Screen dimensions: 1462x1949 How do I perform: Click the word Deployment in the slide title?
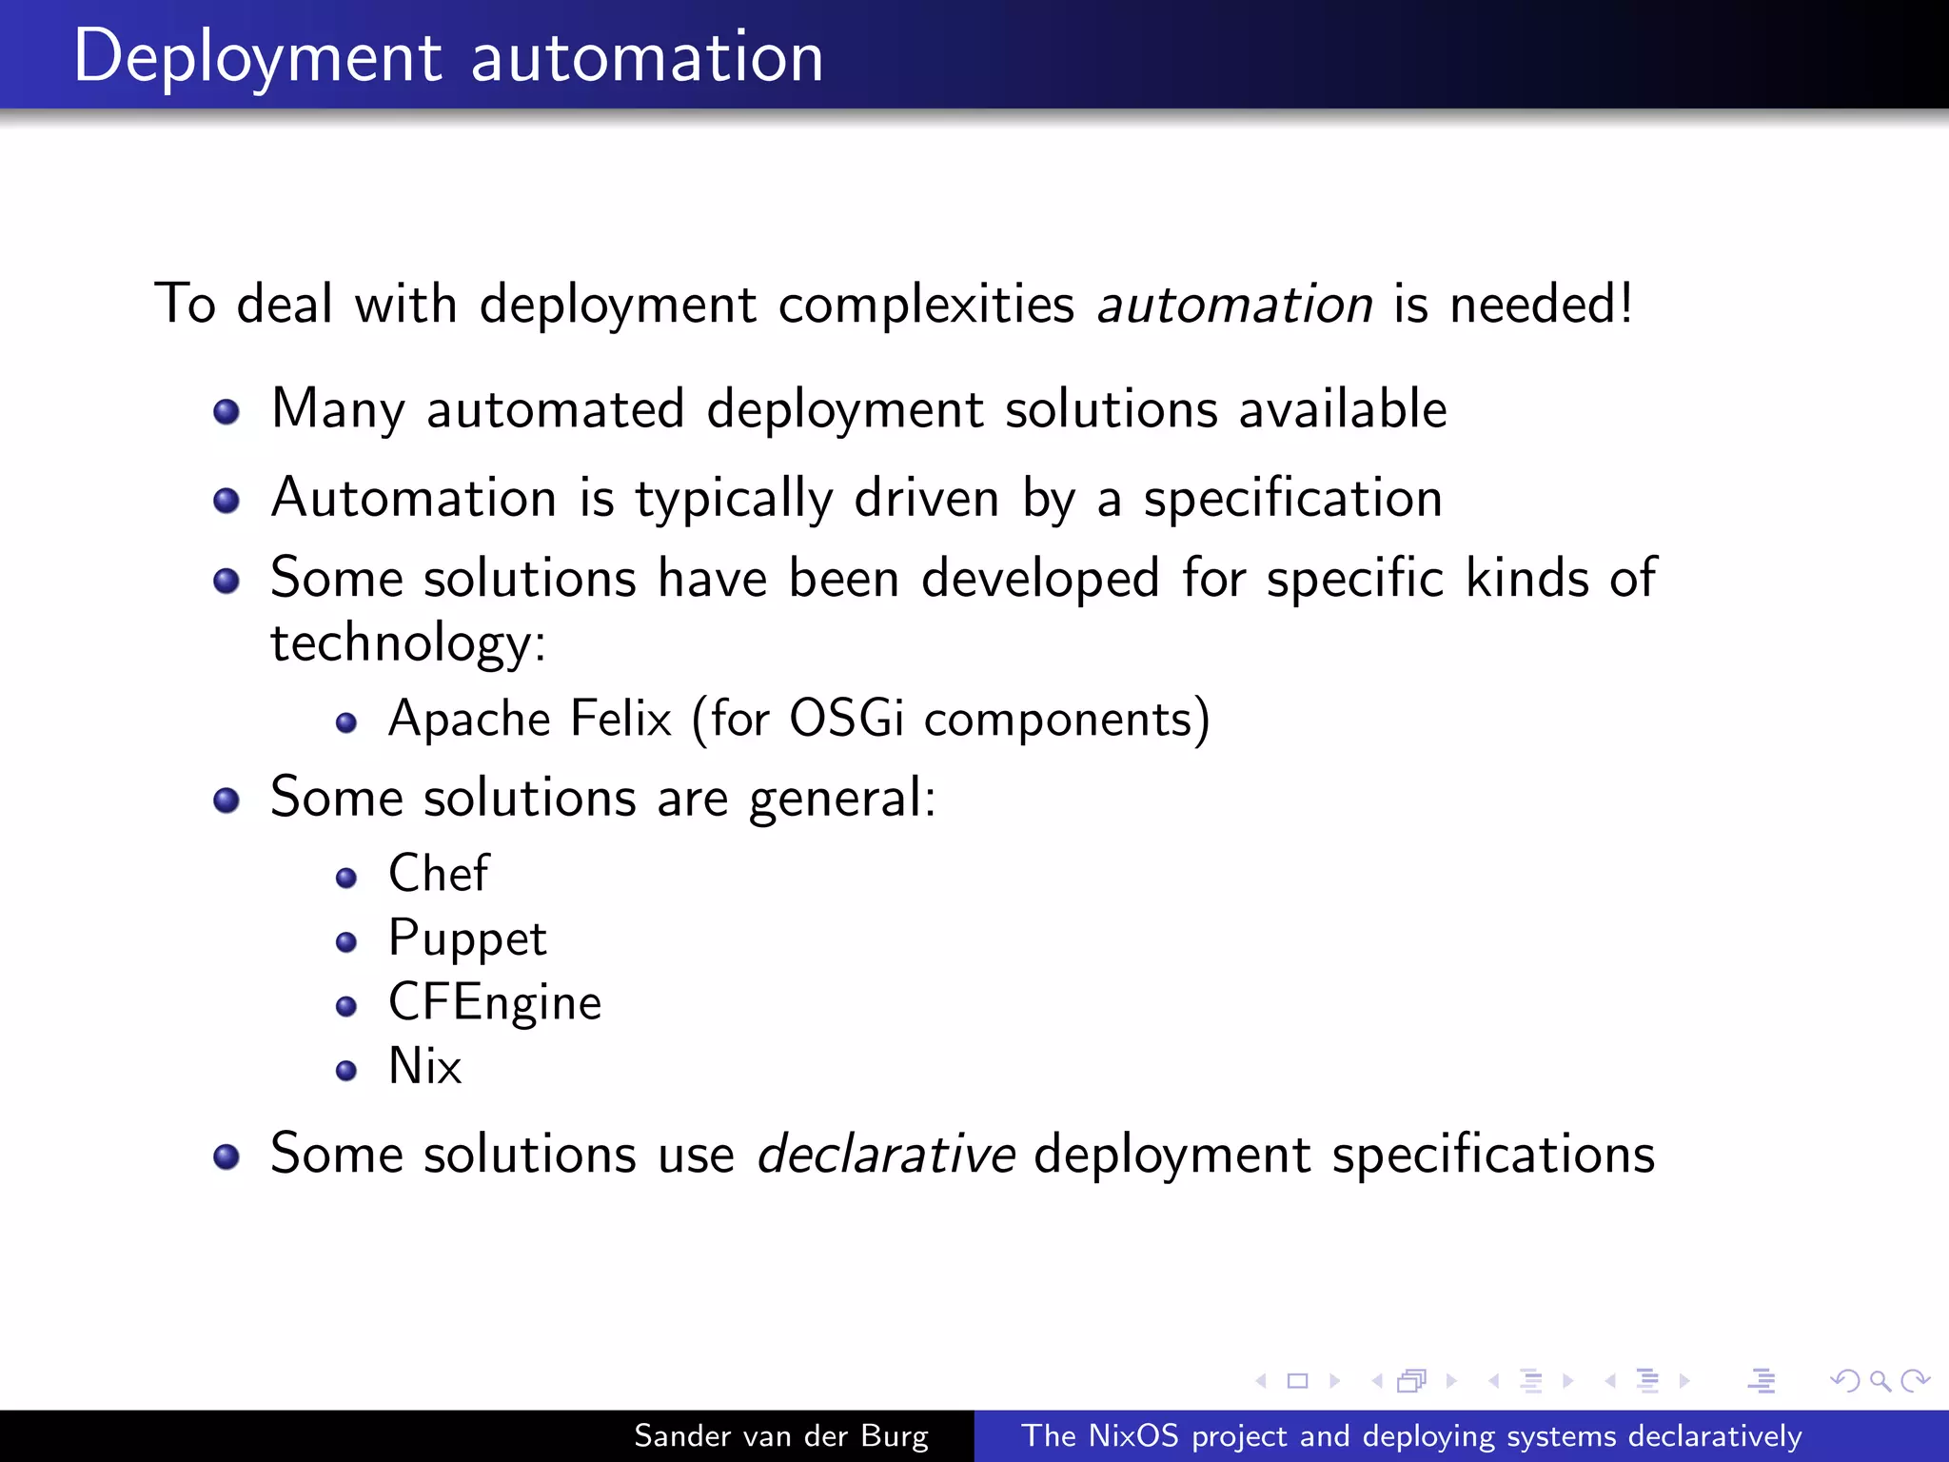[x=257, y=57]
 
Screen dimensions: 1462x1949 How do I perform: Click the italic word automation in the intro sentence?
[x=1234, y=305]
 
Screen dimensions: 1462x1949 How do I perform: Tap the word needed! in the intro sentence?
[x=1541, y=305]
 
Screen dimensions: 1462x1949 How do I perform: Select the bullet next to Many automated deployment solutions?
[x=226, y=412]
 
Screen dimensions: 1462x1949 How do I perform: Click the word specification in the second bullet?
[x=1292, y=499]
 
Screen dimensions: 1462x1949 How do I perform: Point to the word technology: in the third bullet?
[x=408, y=642]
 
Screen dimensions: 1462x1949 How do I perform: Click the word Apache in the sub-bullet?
[x=468, y=720]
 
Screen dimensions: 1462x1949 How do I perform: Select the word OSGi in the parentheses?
[x=846, y=719]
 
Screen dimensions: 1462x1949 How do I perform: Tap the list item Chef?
[x=439, y=873]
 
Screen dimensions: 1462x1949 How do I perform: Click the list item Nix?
[x=424, y=1066]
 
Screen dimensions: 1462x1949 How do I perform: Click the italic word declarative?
[x=885, y=1155]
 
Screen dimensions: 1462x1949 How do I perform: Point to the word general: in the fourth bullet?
[x=842, y=799]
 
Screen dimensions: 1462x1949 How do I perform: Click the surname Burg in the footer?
[x=894, y=1435]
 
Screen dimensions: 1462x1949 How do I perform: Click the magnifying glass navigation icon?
[x=1880, y=1380]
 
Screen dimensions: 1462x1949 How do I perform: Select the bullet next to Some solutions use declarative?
[x=226, y=1156]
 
